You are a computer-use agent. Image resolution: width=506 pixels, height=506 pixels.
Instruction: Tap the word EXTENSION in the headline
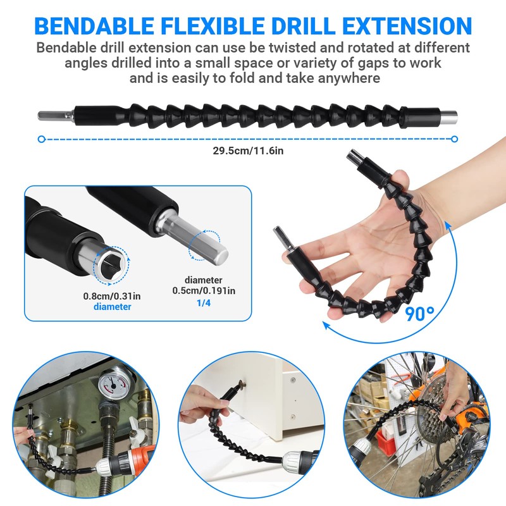click(x=397, y=26)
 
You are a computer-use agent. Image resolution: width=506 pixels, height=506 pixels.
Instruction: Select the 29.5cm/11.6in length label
click(x=252, y=151)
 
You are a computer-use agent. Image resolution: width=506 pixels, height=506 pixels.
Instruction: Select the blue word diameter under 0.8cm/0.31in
click(x=113, y=307)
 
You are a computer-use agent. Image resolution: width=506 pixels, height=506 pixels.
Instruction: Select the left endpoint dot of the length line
click(x=41, y=139)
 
